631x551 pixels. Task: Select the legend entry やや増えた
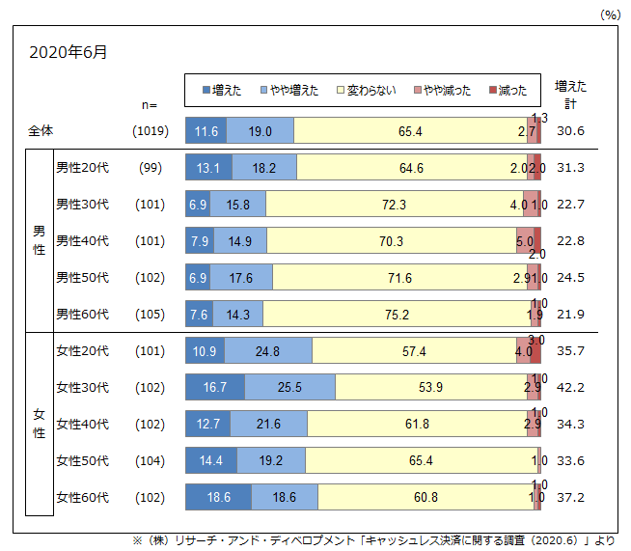coord(288,91)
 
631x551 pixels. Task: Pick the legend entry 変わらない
coord(368,91)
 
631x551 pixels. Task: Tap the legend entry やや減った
coord(443,91)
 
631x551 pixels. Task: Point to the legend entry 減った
coord(508,91)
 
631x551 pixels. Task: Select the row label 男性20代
coord(82,168)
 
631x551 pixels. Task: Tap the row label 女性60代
coord(82,498)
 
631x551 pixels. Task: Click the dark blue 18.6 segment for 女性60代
coord(218,498)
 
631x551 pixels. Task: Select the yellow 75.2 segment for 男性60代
coord(395,315)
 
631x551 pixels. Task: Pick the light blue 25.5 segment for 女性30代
coord(289,388)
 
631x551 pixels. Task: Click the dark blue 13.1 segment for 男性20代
coord(207,168)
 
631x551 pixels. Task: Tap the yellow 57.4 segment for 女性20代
coord(413,351)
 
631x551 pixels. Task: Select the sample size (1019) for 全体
coord(151,131)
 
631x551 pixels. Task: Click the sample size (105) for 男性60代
coord(151,315)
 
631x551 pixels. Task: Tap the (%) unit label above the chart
coord(611,14)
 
